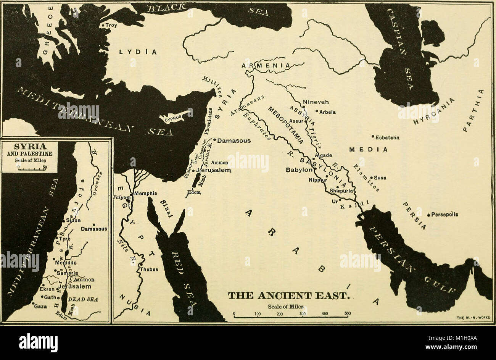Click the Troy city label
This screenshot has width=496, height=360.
click(x=111, y=25)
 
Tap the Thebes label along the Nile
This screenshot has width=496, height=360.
click(x=149, y=269)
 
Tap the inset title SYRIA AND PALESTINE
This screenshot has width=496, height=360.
click(x=31, y=150)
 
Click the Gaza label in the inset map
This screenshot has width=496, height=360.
click(x=40, y=306)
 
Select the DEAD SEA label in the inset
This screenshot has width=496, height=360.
click(x=86, y=300)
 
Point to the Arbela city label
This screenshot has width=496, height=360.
click(x=327, y=112)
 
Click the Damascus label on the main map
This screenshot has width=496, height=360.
click(x=234, y=140)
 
